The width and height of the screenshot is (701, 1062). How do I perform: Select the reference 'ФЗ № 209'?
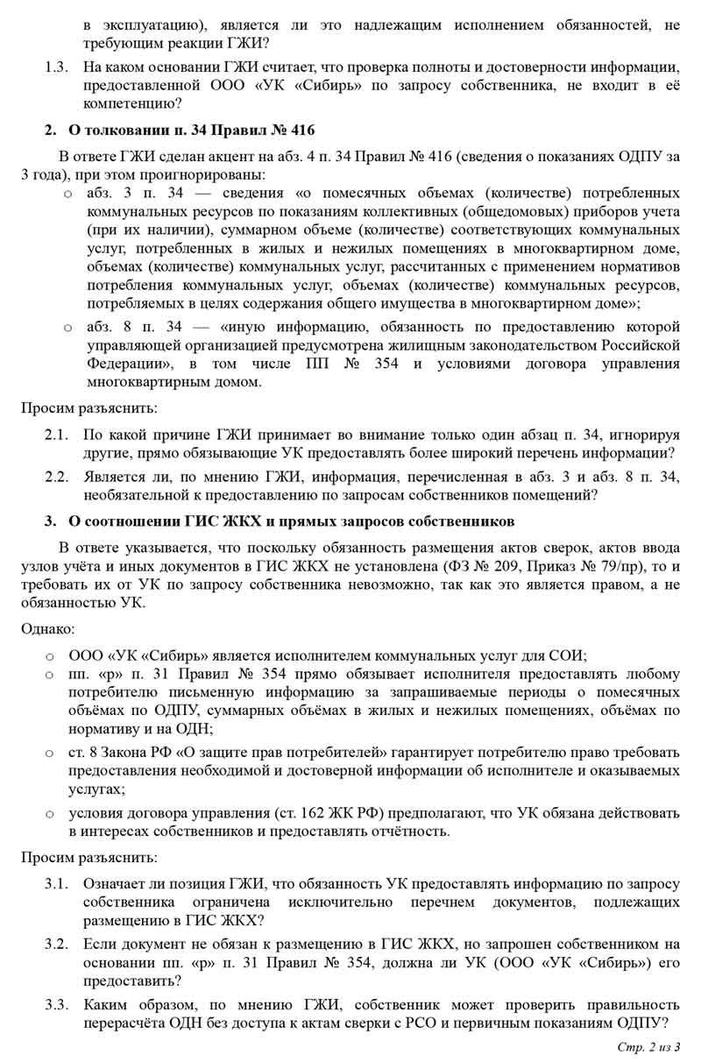[x=479, y=565]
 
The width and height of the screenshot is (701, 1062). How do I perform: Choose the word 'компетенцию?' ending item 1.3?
[x=132, y=104]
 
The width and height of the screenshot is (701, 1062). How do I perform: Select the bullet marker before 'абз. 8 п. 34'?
[x=67, y=327]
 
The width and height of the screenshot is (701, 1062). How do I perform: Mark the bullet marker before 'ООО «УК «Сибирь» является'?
[x=49, y=655]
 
